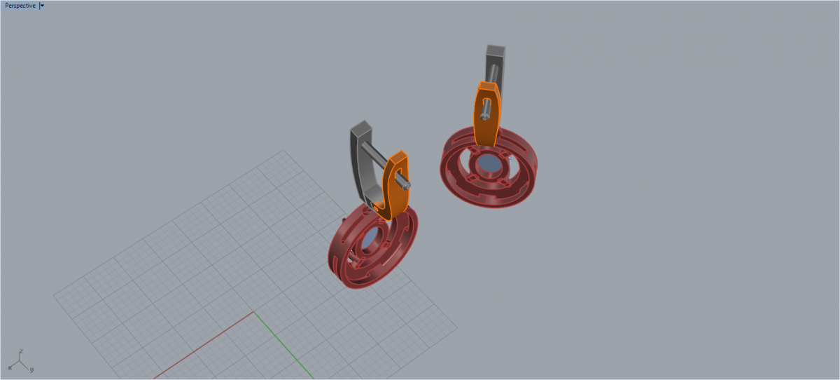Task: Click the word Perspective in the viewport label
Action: click(x=20, y=6)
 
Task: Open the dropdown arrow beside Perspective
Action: click(x=43, y=6)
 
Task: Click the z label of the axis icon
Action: click(x=22, y=351)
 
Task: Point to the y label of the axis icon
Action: click(x=32, y=369)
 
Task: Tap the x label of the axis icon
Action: click(x=10, y=368)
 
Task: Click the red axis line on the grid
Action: click(x=204, y=345)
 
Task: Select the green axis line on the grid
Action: click(x=284, y=345)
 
